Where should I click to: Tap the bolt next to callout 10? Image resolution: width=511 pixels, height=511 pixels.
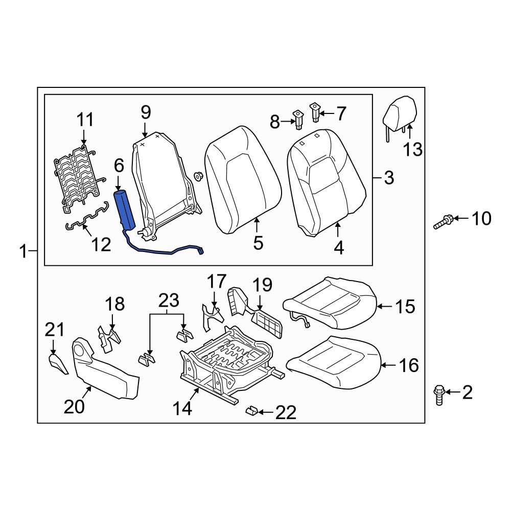point(443,222)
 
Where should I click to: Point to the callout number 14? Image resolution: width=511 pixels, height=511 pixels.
point(182,408)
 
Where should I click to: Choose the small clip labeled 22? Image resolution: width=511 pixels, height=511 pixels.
point(252,410)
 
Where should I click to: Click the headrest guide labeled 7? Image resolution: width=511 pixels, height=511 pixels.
point(315,112)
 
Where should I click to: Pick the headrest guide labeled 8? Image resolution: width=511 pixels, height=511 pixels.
point(298,120)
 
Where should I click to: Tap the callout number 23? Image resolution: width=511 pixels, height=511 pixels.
point(169,300)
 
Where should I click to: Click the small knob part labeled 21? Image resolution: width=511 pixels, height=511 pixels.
point(58,364)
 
